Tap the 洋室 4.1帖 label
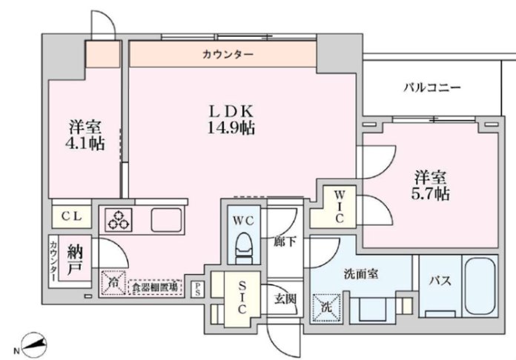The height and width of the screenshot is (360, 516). click(x=82, y=134)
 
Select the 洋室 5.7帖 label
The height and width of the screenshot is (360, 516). click(x=431, y=186)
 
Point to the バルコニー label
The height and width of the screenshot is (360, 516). click(x=432, y=87)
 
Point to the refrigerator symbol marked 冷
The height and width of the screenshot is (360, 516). click(x=112, y=281)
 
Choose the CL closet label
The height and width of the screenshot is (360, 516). click(x=70, y=216)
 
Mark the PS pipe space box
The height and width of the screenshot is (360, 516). click(x=197, y=288)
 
